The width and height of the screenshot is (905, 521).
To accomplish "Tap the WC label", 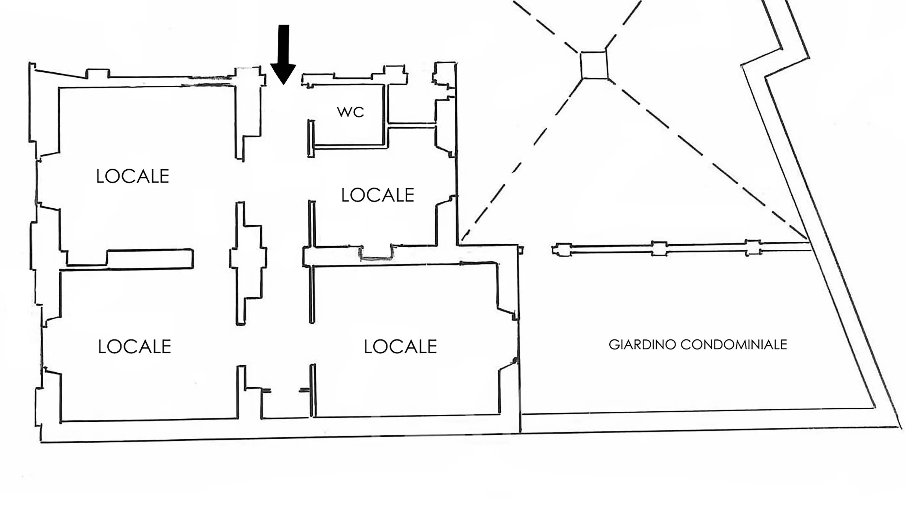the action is click(350, 112).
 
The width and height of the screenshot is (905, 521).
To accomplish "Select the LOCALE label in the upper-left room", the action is click(133, 176).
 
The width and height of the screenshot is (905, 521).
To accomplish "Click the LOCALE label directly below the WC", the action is click(378, 195).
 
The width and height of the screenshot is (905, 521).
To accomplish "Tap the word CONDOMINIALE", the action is click(734, 345).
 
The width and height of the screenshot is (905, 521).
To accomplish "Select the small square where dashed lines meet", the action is click(594, 65).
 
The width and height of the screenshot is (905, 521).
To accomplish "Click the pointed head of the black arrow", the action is click(283, 84).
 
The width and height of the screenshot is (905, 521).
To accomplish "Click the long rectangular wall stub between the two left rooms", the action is click(150, 259).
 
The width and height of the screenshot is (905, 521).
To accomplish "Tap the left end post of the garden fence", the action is click(562, 250).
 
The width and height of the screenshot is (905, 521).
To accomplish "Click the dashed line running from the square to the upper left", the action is click(546, 27).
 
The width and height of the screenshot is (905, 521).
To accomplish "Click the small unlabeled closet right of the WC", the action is click(411, 104).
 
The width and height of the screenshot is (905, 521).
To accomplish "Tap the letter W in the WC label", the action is click(344, 112).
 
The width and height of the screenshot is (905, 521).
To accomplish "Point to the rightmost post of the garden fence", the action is click(753, 247).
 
